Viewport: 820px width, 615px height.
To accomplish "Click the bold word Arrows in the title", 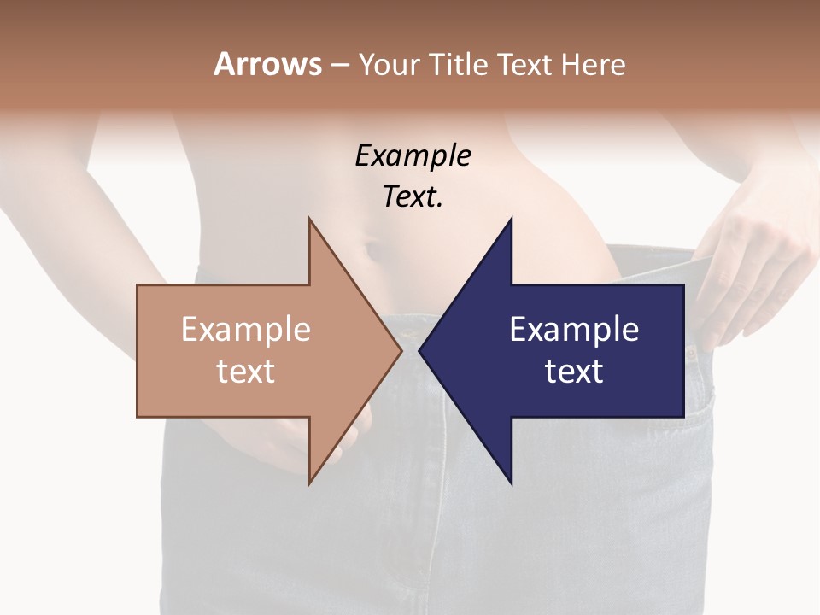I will pyautogui.click(x=267, y=64).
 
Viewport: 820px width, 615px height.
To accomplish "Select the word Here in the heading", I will pyautogui.click(x=593, y=64).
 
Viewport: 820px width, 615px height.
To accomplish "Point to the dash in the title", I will pyautogui.click(x=340, y=65).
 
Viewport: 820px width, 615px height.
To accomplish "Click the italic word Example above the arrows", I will pyautogui.click(x=413, y=155).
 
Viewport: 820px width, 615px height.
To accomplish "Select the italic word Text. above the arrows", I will pyautogui.click(x=413, y=196).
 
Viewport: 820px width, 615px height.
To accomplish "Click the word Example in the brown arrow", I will pyautogui.click(x=245, y=329).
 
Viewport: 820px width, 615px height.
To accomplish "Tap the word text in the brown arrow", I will pyautogui.click(x=245, y=371).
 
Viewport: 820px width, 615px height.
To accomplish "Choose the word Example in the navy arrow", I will pyautogui.click(x=574, y=329).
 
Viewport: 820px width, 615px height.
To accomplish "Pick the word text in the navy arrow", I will pyautogui.click(x=574, y=371).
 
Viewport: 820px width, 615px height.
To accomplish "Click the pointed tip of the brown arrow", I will pyautogui.click(x=401, y=350).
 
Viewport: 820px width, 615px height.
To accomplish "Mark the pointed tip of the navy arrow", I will pyautogui.click(x=420, y=350).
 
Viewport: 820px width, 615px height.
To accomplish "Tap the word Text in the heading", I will pyautogui.click(x=523, y=64).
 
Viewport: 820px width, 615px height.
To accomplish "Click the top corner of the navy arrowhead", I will pyautogui.click(x=511, y=220).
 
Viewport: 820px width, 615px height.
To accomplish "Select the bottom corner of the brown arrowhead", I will pyautogui.click(x=309, y=483).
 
